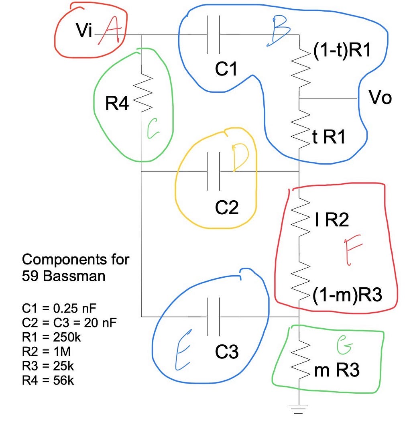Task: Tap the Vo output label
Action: coord(380,98)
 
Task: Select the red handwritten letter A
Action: coord(110,30)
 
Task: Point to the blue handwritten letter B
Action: coord(279,31)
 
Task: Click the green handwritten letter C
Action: coord(153,128)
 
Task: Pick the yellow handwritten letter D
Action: coord(240,157)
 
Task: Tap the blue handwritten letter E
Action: coord(183,350)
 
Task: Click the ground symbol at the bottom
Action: coord(299,409)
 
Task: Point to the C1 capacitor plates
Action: coord(213,35)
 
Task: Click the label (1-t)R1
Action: coord(342,50)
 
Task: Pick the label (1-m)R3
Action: coord(348,295)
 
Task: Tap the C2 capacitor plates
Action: coord(213,171)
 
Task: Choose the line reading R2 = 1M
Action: coord(47,352)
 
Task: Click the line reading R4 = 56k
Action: coord(48,380)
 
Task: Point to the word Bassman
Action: coord(74,276)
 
